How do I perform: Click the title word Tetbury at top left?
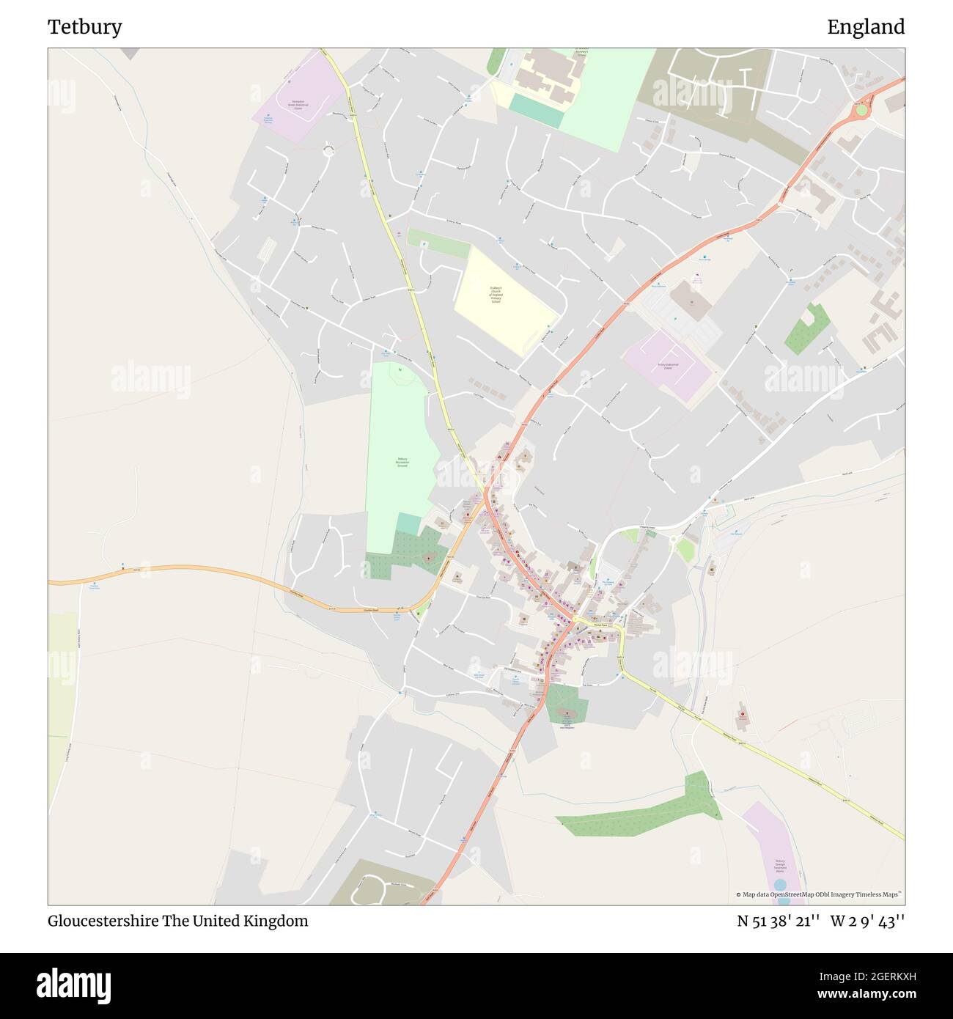pos(85,27)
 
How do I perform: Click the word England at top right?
pos(866,27)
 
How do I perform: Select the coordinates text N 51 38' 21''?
pos(779,921)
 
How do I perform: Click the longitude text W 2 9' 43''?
pos(868,921)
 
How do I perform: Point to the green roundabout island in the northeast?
pos(861,110)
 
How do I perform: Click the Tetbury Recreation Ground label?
pos(402,463)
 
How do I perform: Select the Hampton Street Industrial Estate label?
pos(297,106)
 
